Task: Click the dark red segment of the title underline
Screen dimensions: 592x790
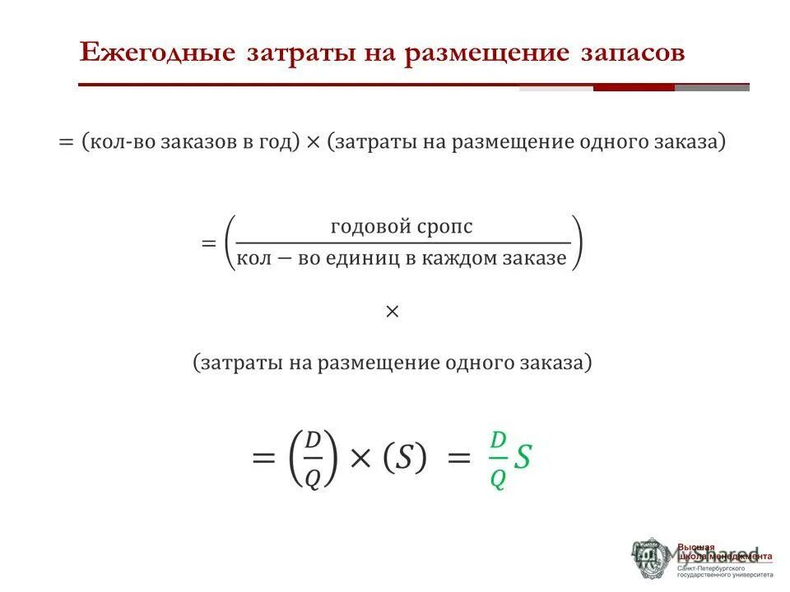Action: click(x=634, y=87)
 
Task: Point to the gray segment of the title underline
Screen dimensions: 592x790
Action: click(x=712, y=87)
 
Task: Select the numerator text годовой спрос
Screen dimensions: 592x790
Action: click(x=402, y=226)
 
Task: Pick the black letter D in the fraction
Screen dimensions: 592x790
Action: click(x=313, y=441)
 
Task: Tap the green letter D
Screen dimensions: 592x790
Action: click(x=497, y=440)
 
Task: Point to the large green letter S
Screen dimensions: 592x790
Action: click(x=523, y=459)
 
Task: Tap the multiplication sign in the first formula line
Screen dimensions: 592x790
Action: click(x=313, y=142)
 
